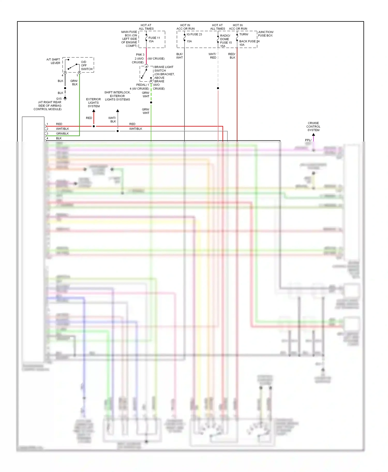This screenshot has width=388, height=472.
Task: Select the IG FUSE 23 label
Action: click(194, 34)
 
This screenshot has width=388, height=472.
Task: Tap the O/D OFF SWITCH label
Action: click(86, 66)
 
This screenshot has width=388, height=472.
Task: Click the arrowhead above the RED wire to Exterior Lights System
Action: click(94, 111)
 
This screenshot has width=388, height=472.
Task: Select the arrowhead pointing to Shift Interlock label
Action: click(118, 111)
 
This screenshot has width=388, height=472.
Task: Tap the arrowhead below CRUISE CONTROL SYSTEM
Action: click(314, 135)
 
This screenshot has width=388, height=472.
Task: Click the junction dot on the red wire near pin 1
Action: click(94, 126)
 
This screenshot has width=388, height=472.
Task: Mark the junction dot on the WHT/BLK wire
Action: click(118, 131)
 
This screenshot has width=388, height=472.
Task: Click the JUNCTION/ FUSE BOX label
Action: click(265, 34)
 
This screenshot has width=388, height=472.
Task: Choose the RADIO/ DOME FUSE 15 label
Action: click(226, 39)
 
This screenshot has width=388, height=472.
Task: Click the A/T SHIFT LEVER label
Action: click(54, 61)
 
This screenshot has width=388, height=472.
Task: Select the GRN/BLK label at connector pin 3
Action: click(62, 133)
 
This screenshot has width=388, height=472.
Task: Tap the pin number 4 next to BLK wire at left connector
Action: click(47, 138)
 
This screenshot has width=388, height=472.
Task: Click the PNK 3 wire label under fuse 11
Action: click(140, 55)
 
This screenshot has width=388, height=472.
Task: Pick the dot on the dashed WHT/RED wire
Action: click(218, 88)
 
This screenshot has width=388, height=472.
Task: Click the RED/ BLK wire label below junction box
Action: click(232, 56)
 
